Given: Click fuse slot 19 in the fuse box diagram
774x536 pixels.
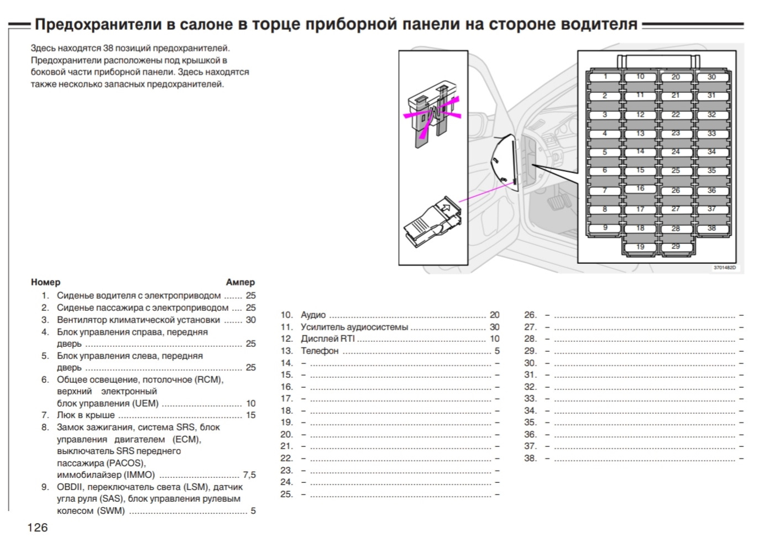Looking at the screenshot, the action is (x=640, y=247).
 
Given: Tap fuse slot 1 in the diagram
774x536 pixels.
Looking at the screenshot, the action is (x=605, y=77).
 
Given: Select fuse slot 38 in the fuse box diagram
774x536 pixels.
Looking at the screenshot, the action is (x=712, y=228).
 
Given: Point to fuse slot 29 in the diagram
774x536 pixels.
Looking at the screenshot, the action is (x=676, y=247).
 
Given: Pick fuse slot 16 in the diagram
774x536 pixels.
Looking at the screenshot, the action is (x=640, y=189).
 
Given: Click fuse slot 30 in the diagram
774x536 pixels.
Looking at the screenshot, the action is (x=712, y=77).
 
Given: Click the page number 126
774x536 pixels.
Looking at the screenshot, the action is (x=38, y=527).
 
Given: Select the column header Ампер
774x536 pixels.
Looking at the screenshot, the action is (x=240, y=282).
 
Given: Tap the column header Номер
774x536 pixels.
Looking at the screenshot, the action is (x=45, y=282).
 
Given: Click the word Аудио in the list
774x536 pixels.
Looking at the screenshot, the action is (x=313, y=315).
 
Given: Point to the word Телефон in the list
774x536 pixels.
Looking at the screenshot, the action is (x=320, y=351).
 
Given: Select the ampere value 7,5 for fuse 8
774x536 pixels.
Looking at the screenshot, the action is (x=249, y=475).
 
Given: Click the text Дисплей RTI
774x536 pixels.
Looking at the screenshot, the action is (x=327, y=339).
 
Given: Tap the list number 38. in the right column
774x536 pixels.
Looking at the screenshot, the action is (x=530, y=458).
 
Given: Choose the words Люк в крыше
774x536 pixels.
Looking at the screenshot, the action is (x=86, y=415).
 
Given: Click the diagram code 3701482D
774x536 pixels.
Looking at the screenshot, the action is (x=725, y=268).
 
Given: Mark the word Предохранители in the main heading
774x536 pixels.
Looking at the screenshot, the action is (x=98, y=24).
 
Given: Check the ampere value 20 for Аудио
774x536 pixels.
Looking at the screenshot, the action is (x=494, y=315).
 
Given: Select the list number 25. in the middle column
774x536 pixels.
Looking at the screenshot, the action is (x=286, y=494).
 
